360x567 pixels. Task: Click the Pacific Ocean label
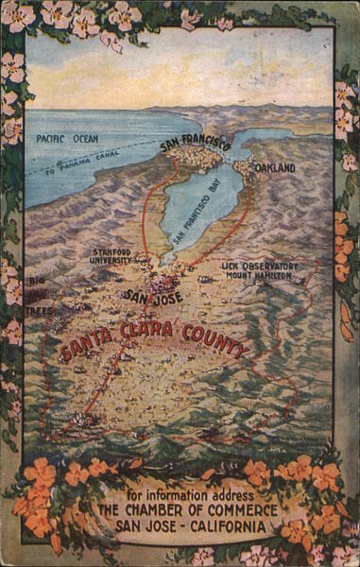pos(66,138)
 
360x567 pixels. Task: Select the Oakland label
pos(274,168)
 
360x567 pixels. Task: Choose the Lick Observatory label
pos(259,266)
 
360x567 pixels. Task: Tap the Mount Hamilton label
pos(259,276)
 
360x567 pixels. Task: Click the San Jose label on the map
pos(153,296)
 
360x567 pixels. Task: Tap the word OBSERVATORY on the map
pos(271,266)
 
